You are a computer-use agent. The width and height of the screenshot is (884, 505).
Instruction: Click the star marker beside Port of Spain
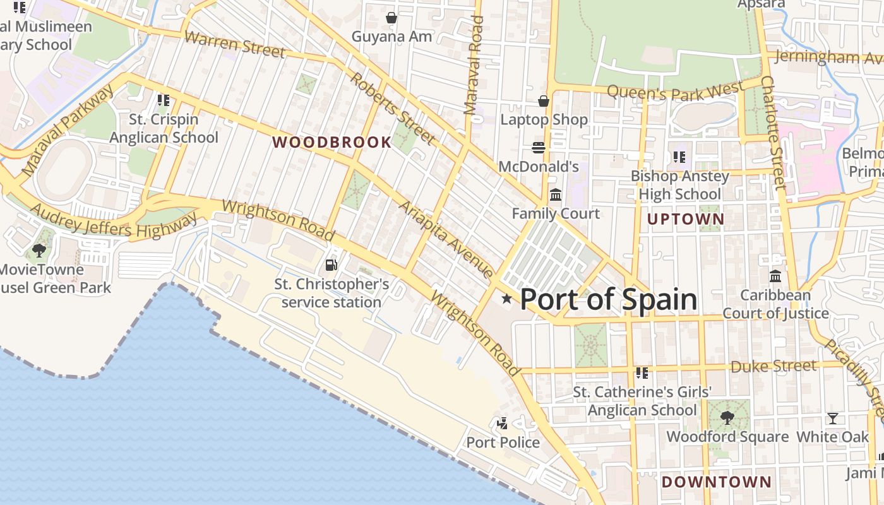pyautogui.click(x=506, y=299)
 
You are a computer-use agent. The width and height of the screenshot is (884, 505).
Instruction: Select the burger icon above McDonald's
pyautogui.click(x=539, y=148)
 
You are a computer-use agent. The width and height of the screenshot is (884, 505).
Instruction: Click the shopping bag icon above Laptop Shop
pyautogui.click(x=543, y=101)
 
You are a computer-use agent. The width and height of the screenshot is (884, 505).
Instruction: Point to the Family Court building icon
pyautogui.click(x=556, y=195)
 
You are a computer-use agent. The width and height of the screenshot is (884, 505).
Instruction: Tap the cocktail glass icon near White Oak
pyautogui.click(x=833, y=418)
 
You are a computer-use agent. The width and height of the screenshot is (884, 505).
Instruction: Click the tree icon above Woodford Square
pyautogui.click(x=727, y=417)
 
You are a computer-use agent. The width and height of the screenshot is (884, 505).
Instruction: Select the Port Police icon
pyautogui.click(x=503, y=424)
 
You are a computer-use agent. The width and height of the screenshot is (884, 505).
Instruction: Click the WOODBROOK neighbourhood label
pyautogui.click(x=331, y=143)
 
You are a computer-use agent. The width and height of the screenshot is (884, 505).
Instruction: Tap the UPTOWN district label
pyautogui.click(x=686, y=220)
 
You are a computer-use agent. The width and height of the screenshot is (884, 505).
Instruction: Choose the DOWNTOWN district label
pyautogui.click(x=716, y=482)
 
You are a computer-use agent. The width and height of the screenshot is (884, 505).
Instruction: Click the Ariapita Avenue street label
pyautogui.click(x=446, y=240)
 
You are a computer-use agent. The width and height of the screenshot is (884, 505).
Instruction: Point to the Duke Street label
pyautogui.click(x=773, y=366)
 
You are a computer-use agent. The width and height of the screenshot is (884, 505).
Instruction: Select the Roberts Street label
pyautogui.click(x=393, y=108)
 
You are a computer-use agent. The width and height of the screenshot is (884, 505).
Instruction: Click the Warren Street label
pyautogui.click(x=234, y=44)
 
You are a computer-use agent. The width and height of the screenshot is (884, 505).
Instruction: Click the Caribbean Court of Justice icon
pyautogui.click(x=775, y=276)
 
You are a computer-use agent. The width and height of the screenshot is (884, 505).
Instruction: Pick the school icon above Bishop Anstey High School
pyautogui.click(x=679, y=157)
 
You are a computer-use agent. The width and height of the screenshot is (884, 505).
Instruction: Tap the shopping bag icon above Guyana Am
pyautogui.click(x=391, y=18)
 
